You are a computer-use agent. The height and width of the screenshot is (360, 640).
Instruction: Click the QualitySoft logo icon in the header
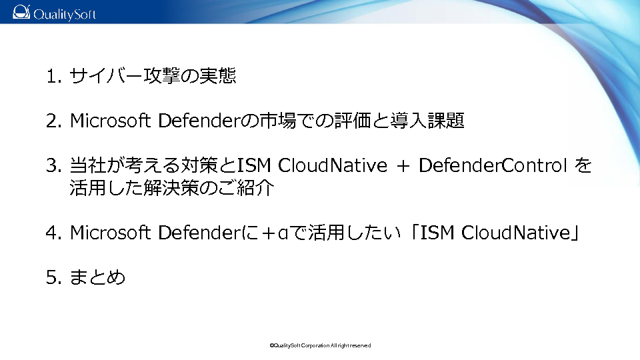pos(21,12)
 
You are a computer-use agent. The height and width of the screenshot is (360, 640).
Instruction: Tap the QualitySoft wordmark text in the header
pos(65,14)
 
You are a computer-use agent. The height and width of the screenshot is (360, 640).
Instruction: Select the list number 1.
pos(53,76)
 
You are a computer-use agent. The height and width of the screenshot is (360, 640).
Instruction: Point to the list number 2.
pos(53,121)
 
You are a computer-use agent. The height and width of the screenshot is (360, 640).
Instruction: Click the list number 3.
pos(53,165)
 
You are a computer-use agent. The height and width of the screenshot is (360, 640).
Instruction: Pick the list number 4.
pos(53,233)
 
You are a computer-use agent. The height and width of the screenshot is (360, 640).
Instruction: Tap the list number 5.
pos(53,277)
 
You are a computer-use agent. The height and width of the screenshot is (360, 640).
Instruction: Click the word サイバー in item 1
pos(106,76)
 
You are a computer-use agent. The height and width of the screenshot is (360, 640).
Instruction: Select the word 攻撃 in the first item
pos(161,76)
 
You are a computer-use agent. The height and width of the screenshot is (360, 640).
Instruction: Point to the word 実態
pos(217,76)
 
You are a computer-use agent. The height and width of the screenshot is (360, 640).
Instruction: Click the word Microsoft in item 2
pos(111,121)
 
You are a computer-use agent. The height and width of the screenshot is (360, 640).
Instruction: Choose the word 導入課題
pos(427,121)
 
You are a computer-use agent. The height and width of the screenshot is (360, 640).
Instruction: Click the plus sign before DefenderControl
pos(403,166)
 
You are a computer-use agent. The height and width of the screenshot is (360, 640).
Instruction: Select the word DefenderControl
pos(493,165)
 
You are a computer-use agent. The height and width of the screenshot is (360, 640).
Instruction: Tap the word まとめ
pos(97,277)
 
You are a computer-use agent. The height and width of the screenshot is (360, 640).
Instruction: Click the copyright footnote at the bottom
pos(320,346)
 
